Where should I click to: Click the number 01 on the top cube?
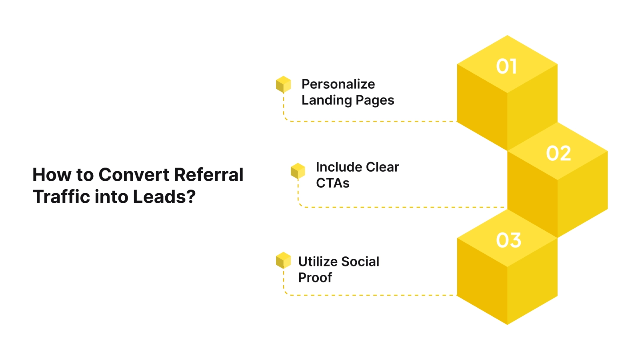click(x=506, y=66)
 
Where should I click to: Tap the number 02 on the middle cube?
click(x=558, y=154)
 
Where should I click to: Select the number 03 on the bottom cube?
click(x=508, y=240)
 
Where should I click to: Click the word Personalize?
click(x=338, y=84)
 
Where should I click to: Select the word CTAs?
click(x=332, y=183)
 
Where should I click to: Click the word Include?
click(x=333, y=167)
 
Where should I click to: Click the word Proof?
click(x=315, y=278)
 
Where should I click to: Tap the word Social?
click(x=360, y=262)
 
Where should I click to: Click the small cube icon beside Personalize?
click(x=283, y=84)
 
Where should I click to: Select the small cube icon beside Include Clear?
click(x=298, y=171)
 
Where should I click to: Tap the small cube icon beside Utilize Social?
click(x=283, y=260)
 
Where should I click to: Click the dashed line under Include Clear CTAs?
click(x=400, y=207)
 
